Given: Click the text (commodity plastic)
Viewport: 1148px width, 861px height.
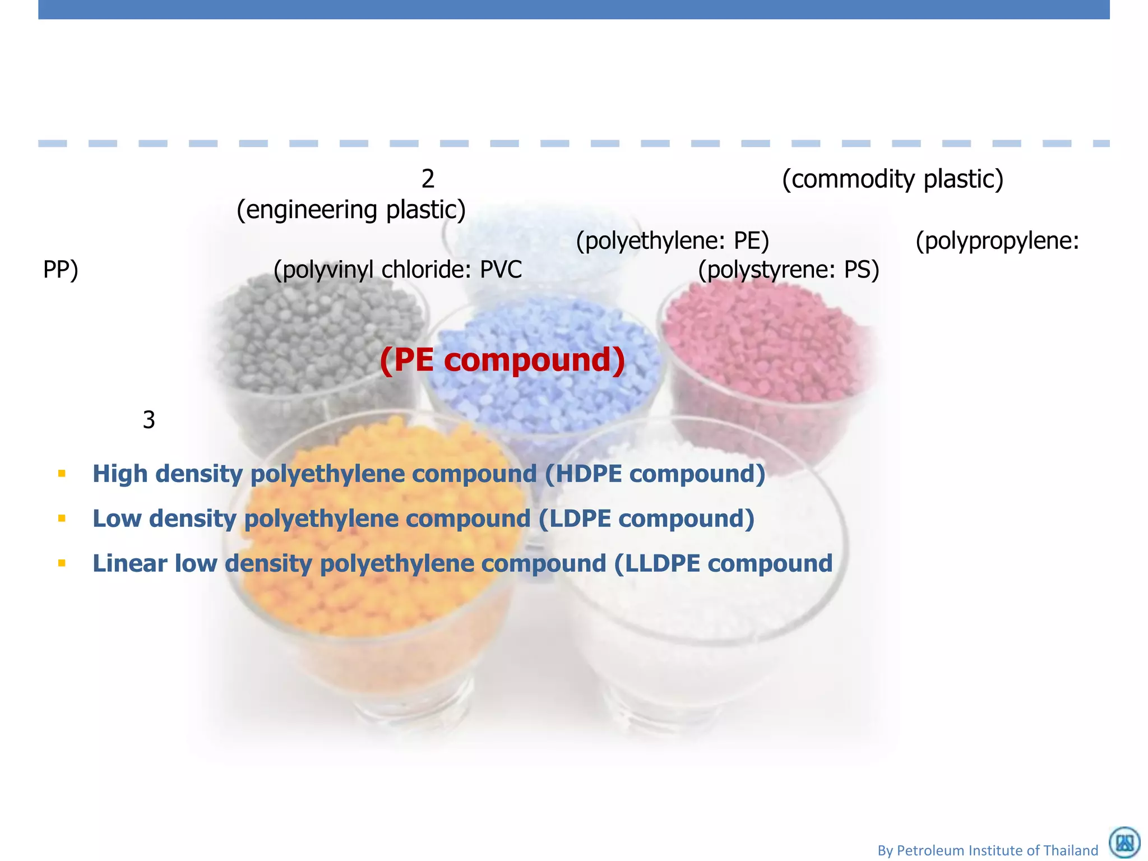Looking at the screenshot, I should tap(892, 179).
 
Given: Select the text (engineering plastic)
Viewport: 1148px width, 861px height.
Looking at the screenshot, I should tap(351, 210).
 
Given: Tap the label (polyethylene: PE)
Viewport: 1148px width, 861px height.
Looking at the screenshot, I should tap(673, 241).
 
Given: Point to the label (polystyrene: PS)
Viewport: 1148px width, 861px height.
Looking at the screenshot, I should tap(788, 270).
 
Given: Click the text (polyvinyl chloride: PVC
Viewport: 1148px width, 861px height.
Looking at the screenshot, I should tap(397, 270).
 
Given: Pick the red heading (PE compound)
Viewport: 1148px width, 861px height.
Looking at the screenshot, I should tap(502, 359).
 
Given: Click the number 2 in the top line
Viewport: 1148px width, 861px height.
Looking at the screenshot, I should tap(428, 179).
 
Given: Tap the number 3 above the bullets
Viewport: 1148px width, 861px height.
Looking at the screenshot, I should tap(149, 420).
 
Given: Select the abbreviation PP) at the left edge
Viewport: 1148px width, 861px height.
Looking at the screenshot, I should tap(61, 270).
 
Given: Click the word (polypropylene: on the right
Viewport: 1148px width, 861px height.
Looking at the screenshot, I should tap(997, 241).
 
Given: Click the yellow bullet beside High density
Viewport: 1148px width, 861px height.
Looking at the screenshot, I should tap(62, 474).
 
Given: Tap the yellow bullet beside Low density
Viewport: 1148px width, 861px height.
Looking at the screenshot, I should tap(62, 519).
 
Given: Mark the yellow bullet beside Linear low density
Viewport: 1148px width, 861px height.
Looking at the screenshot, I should tap(62, 563).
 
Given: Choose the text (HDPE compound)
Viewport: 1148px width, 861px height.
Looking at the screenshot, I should tap(655, 474).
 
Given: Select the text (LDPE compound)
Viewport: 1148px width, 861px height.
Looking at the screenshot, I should tap(646, 519).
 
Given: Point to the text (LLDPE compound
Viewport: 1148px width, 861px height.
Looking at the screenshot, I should tap(723, 563).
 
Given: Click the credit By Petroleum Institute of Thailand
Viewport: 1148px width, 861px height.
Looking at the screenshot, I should tap(988, 850).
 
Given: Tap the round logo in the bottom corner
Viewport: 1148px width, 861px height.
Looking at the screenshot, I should tap(1124, 843).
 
